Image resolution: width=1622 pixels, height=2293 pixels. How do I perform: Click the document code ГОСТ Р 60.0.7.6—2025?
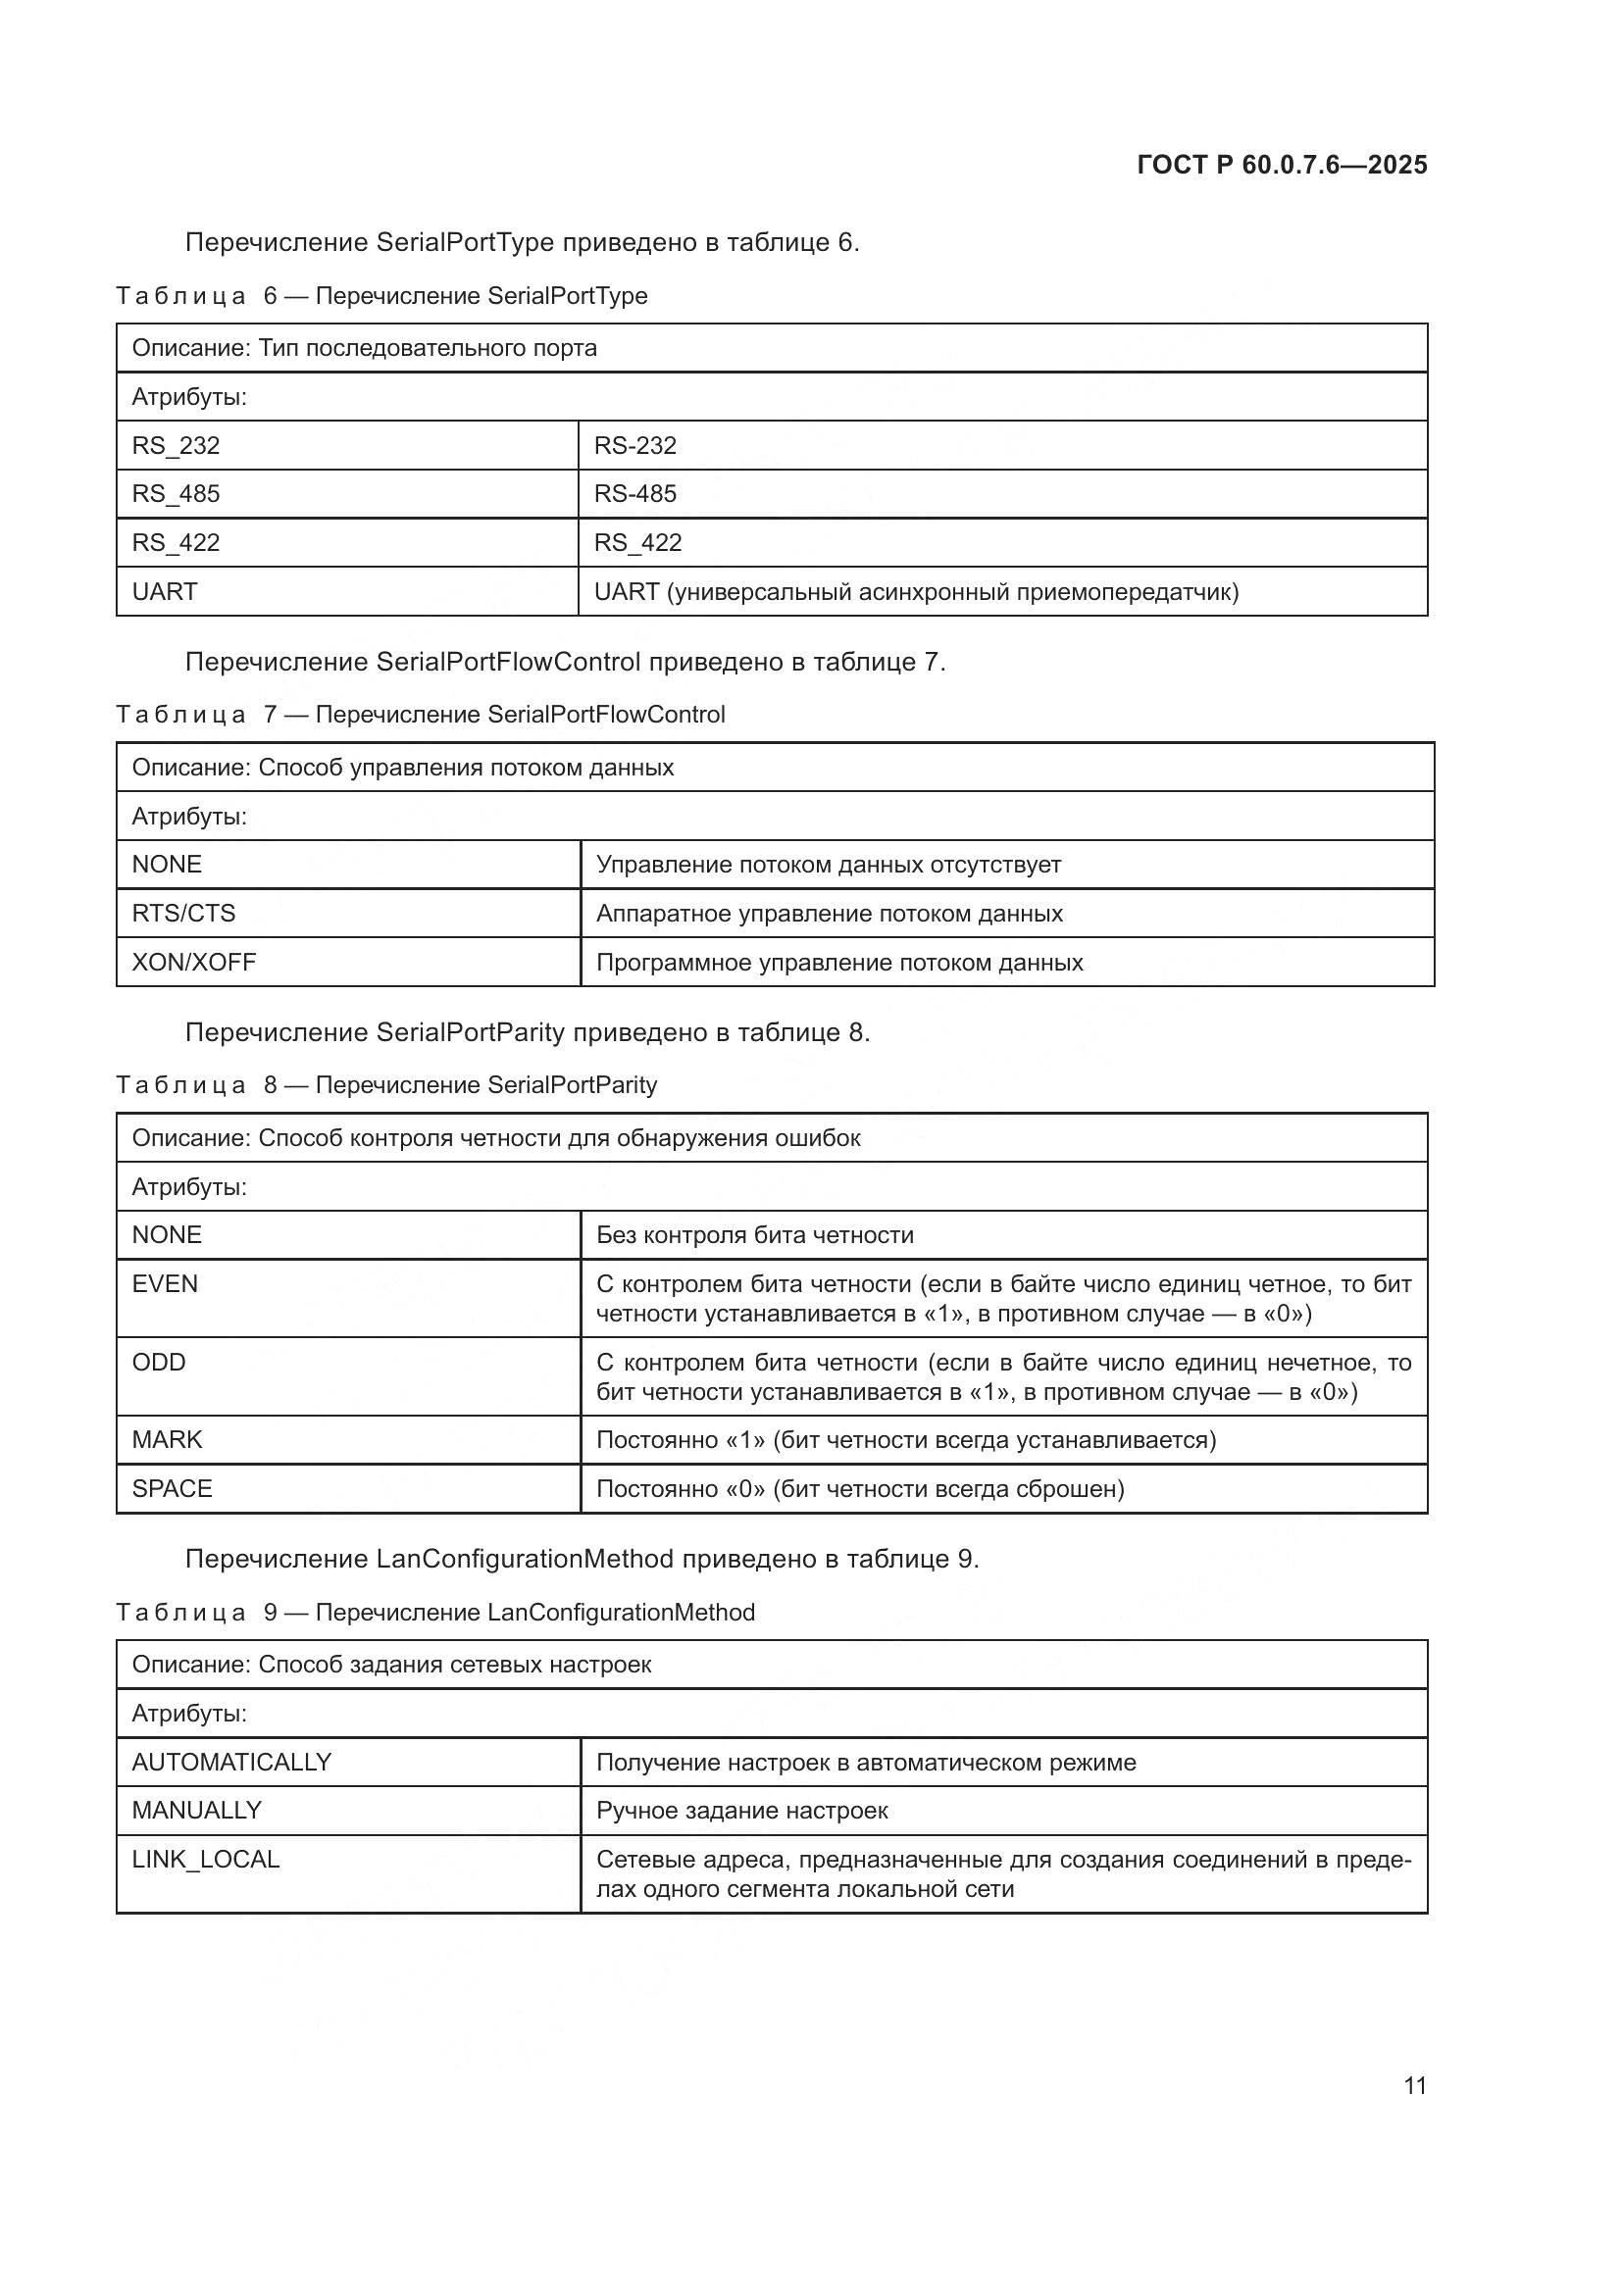point(1282,165)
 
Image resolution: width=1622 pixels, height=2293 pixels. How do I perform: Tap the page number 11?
point(1414,2085)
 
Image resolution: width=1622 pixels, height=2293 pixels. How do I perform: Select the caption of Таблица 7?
point(420,714)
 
